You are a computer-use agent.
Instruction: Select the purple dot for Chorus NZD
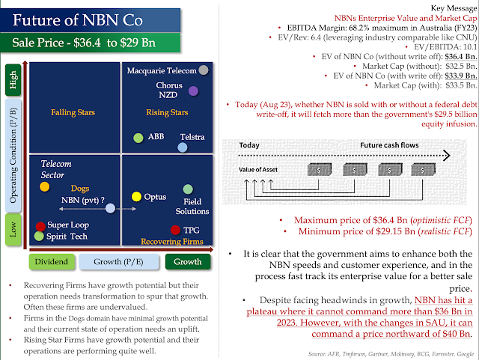click(193, 91)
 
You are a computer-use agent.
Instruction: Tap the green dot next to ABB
click(138, 138)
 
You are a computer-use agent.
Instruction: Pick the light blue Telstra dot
click(182, 147)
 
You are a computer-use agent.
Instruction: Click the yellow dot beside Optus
click(136, 196)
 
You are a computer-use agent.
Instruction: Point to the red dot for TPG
click(175, 230)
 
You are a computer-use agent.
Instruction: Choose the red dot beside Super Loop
click(40, 225)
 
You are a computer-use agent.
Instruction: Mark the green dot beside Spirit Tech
click(39, 237)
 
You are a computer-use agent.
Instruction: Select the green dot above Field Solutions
click(188, 189)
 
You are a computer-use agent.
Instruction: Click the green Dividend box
click(52, 262)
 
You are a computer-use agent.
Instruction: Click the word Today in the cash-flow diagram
click(249, 145)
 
